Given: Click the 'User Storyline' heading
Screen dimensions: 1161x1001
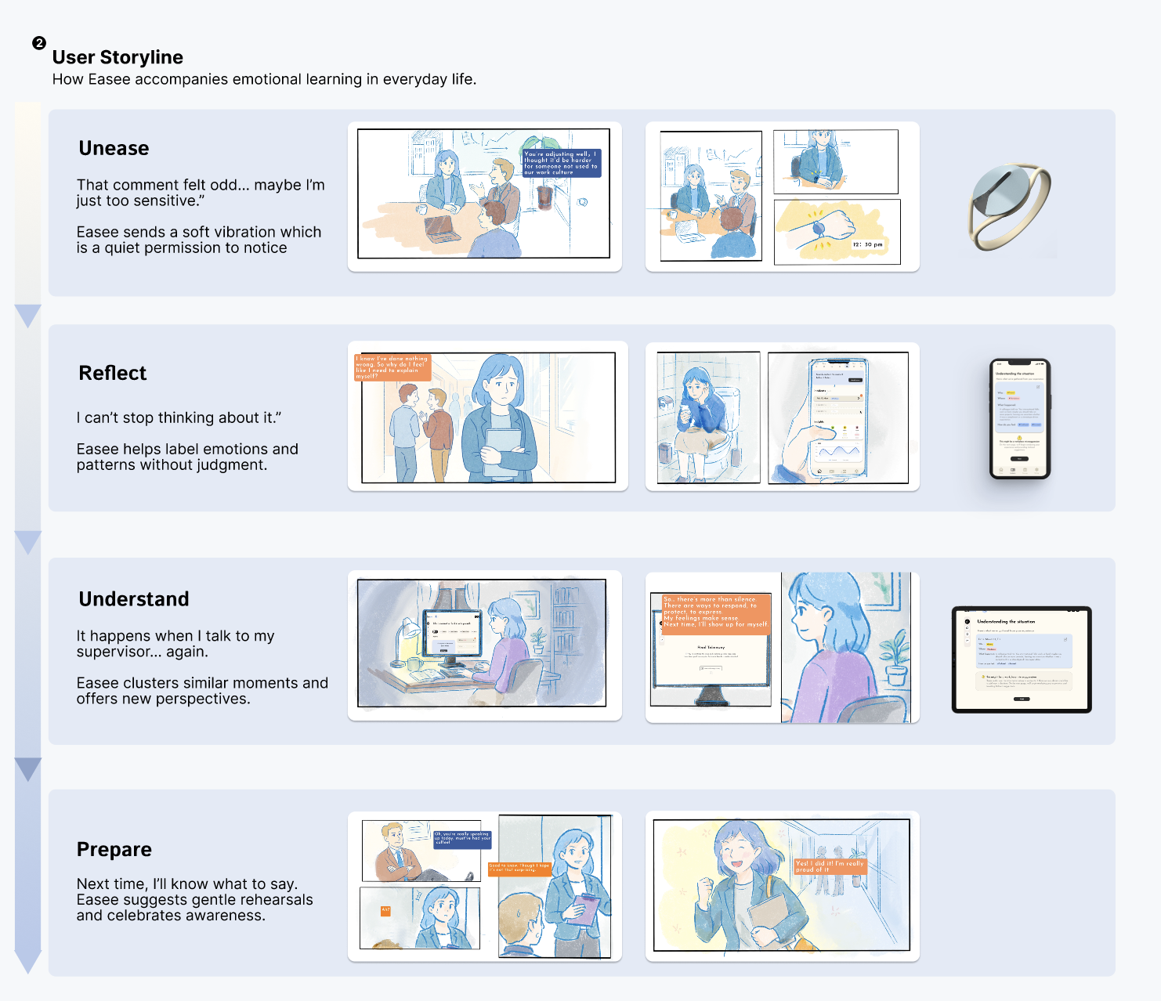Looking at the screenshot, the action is click(118, 57).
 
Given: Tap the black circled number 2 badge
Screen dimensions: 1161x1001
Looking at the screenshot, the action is click(39, 43).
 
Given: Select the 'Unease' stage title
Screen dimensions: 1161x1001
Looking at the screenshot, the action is click(114, 148).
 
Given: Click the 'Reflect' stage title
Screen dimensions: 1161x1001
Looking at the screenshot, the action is click(113, 373).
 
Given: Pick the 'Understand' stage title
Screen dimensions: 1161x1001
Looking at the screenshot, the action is click(134, 599).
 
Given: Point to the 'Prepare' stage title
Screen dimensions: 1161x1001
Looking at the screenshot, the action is click(114, 850).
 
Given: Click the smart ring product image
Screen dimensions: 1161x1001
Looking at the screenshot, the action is click(1009, 206).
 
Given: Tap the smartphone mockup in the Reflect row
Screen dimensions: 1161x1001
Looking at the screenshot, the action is click(1019, 418).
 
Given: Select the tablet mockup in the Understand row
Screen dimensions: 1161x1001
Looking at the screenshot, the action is click(1022, 660).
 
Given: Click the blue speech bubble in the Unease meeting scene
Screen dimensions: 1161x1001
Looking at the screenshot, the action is click(561, 163).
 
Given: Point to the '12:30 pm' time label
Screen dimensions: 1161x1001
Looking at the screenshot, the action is click(867, 244).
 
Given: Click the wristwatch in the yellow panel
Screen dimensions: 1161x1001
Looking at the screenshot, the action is click(819, 229).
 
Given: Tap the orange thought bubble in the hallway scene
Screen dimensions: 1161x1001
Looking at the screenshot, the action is click(392, 367).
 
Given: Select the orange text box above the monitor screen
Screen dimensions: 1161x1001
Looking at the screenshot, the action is click(716, 613).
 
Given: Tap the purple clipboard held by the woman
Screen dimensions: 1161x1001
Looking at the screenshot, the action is click(587, 909).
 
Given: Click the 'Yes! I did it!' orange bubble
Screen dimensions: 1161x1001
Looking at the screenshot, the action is click(830, 866).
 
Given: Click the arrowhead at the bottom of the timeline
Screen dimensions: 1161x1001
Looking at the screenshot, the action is click(28, 962).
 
